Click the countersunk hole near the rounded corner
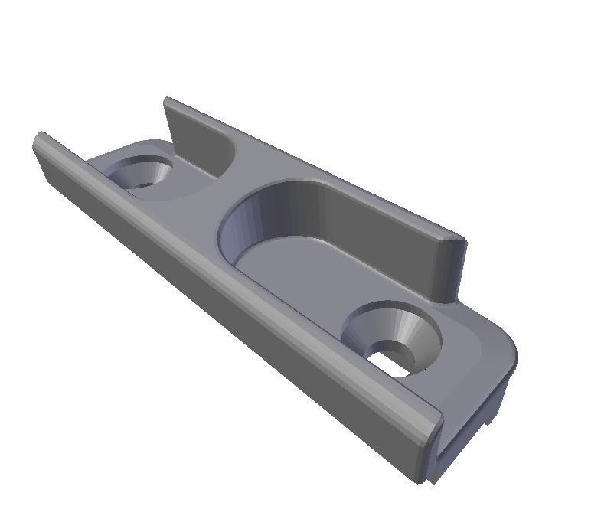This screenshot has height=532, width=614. tap(392, 340)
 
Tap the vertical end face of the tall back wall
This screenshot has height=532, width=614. tap(449, 268)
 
